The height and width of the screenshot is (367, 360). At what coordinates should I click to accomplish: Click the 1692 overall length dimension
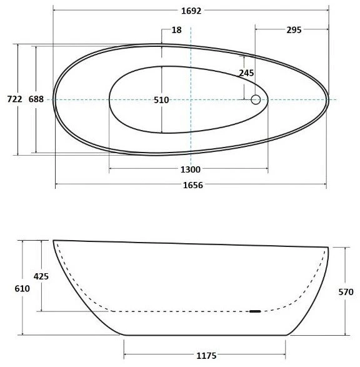(x=191, y=11)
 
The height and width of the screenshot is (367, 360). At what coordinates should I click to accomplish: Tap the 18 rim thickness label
(x=177, y=30)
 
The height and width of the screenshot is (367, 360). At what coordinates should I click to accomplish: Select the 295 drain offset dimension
(x=294, y=30)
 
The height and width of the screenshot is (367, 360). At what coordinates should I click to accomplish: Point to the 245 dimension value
(x=246, y=73)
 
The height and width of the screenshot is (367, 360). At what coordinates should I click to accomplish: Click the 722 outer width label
(x=14, y=99)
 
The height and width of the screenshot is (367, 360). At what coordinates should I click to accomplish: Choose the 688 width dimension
(x=36, y=99)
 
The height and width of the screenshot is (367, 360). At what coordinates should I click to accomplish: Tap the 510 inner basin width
(x=161, y=100)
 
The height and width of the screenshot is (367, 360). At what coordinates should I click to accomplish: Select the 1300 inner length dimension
(x=191, y=169)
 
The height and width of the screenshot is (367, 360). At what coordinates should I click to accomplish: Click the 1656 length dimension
(x=192, y=185)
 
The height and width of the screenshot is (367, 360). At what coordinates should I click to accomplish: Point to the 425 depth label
(x=41, y=276)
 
